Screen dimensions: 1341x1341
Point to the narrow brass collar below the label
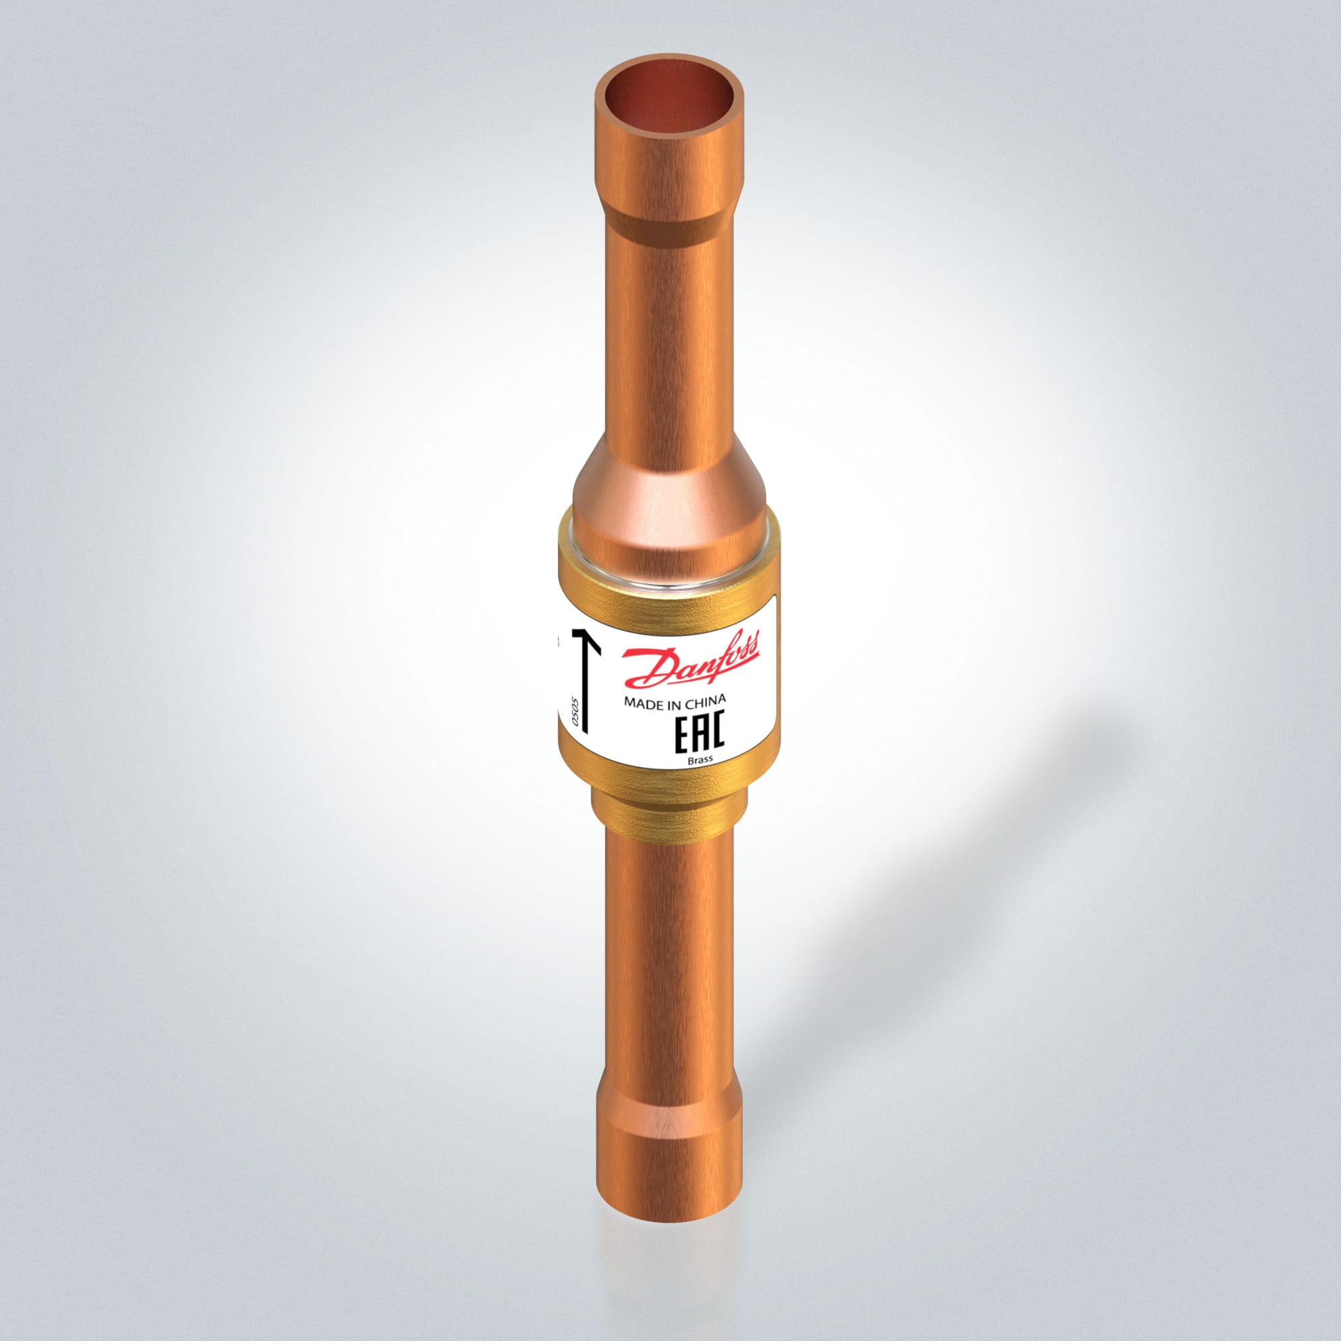coord(670,815)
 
